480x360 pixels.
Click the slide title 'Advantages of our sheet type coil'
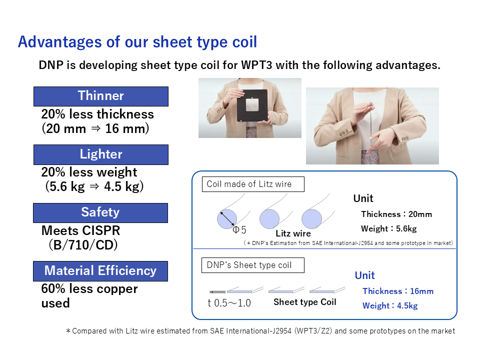click(137, 42)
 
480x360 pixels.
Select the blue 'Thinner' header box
click(100, 96)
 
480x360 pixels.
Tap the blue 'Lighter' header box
click(100, 154)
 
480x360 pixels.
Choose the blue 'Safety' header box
click(100, 212)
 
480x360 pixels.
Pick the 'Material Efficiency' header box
click(100, 271)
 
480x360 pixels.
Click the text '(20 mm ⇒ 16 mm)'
click(95, 128)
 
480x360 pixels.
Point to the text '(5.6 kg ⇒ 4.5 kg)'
click(95, 187)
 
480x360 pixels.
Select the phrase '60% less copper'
click(89, 289)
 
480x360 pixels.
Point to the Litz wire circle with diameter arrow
click(227, 218)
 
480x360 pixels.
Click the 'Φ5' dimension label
click(239, 230)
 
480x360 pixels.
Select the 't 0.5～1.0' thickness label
click(229, 303)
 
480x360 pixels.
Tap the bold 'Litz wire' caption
click(293, 233)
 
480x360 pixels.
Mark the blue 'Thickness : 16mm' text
click(398, 291)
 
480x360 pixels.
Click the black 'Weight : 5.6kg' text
click(389, 228)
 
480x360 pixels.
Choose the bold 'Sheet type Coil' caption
click(304, 302)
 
